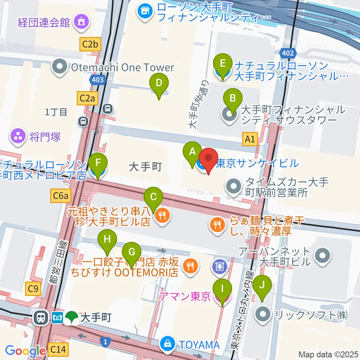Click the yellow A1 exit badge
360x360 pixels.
pos(250,139)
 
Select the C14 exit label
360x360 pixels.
pos(58,350)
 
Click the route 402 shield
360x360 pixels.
pos(288,53)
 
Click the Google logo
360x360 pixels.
pos(25,351)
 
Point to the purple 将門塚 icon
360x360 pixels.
pos(18,136)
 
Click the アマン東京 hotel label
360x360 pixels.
pos(185,297)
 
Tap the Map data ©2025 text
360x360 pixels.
pos(328,354)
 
